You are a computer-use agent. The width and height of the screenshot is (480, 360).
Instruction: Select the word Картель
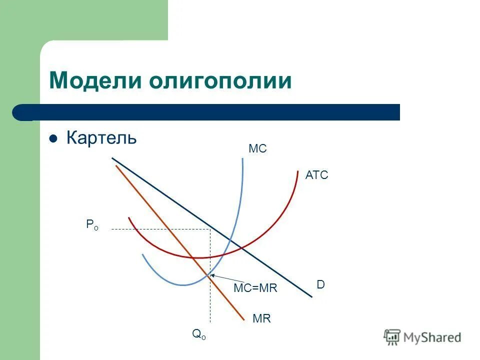101,137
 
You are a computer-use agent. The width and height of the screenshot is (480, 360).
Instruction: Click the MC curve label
257,149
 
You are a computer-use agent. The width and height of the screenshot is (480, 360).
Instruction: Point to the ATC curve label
316,175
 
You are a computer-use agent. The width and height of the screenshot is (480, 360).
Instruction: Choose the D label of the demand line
320,284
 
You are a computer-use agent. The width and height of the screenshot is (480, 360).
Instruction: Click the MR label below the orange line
261,318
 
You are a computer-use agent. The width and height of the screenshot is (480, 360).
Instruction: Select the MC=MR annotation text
255,288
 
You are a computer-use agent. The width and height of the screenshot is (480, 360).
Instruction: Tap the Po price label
92,225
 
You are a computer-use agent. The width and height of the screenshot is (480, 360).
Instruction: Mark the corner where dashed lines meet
210,229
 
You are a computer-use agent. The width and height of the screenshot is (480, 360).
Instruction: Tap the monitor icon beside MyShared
392,337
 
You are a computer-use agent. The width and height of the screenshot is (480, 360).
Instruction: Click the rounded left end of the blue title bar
20,112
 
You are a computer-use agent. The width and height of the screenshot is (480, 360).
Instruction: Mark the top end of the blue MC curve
242,158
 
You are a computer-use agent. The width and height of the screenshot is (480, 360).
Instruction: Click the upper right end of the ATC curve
297,171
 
